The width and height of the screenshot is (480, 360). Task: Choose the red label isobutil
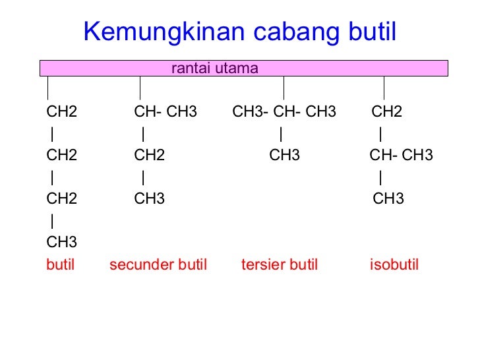click(x=394, y=265)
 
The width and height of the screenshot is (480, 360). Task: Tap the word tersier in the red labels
click(x=262, y=265)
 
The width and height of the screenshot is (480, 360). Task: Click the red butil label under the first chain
click(x=61, y=265)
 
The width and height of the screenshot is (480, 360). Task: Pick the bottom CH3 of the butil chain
click(x=62, y=242)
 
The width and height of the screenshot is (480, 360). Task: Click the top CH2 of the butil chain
click(x=62, y=112)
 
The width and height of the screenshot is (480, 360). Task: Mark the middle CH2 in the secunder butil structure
click(x=150, y=156)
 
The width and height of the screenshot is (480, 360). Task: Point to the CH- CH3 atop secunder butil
click(x=165, y=112)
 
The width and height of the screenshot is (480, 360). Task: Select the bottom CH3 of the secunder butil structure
click(x=150, y=199)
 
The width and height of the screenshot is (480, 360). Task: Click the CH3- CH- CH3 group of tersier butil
click(x=284, y=112)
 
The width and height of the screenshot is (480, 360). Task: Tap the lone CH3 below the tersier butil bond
click(x=284, y=156)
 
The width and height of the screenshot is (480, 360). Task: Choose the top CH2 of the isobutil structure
click(x=387, y=112)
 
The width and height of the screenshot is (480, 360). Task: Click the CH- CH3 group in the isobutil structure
click(x=401, y=156)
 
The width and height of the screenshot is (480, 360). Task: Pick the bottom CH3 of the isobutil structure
click(x=388, y=199)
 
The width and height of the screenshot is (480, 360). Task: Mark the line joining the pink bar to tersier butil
click(x=284, y=88)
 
